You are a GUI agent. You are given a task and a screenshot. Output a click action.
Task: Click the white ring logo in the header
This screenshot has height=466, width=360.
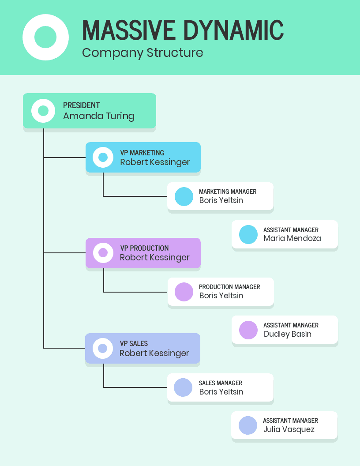(x=45, y=37)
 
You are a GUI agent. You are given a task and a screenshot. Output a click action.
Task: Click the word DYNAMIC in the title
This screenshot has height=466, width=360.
(x=233, y=30)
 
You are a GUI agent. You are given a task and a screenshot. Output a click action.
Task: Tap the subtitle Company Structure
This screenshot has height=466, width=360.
(x=142, y=53)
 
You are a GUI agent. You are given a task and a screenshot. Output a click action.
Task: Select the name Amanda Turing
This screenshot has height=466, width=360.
(x=98, y=116)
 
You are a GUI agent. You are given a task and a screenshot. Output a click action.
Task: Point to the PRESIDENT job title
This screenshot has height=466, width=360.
(x=81, y=105)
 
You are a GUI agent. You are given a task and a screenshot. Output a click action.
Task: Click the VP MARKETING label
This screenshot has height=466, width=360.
(x=142, y=153)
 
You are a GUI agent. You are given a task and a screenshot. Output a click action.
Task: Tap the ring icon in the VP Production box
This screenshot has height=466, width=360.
(x=103, y=253)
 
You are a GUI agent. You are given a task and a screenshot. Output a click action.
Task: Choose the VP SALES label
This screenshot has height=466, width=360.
(x=134, y=343)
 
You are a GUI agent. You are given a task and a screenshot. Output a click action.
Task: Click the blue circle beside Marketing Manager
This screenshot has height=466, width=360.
(x=184, y=196)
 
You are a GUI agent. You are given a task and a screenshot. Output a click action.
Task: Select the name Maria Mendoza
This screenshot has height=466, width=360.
(x=292, y=238)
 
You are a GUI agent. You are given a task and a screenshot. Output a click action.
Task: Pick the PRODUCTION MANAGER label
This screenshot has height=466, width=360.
(x=229, y=287)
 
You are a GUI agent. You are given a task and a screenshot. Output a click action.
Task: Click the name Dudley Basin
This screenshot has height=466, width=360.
(x=287, y=334)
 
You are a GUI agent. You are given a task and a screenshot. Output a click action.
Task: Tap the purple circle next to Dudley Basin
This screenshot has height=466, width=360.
(x=248, y=330)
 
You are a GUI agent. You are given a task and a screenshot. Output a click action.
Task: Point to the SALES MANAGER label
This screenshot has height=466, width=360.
(x=221, y=383)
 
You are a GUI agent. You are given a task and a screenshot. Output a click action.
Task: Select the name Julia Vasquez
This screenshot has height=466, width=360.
(x=289, y=429)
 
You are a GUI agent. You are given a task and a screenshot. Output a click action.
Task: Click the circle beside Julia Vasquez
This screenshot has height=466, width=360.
(x=248, y=425)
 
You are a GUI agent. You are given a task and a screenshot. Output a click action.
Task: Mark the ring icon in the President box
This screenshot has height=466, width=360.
(x=43, y=111)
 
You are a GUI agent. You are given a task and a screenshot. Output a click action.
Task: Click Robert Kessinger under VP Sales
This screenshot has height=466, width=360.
(x=154, y=353)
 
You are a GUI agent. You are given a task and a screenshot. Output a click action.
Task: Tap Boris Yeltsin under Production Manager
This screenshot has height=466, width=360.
(x=221, y=296)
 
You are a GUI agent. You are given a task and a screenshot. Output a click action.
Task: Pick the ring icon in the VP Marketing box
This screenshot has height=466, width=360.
(x=103, y=158)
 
